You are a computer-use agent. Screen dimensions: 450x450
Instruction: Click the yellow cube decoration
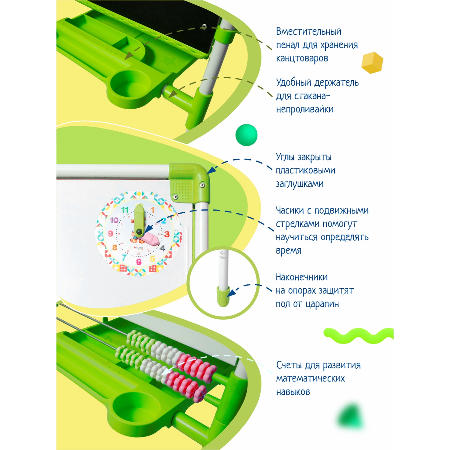coord(372,62)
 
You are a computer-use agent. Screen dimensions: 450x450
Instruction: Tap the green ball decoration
coord(246,135)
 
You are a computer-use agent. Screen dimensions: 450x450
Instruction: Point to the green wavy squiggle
coord(358,335)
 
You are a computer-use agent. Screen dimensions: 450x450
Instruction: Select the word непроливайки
coord(304,109)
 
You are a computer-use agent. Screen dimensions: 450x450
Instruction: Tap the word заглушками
coord(300,184)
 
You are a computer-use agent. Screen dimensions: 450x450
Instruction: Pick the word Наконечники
coord(301,277)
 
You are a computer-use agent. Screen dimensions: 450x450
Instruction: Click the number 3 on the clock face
coord(167,234)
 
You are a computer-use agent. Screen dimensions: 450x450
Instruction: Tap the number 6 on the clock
coord(139,262)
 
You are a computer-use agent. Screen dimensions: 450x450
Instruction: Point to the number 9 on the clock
coord(110,233)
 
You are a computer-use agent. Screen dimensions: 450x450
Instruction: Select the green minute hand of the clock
coord(139,219)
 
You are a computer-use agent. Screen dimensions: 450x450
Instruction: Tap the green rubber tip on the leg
coord(223,296)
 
